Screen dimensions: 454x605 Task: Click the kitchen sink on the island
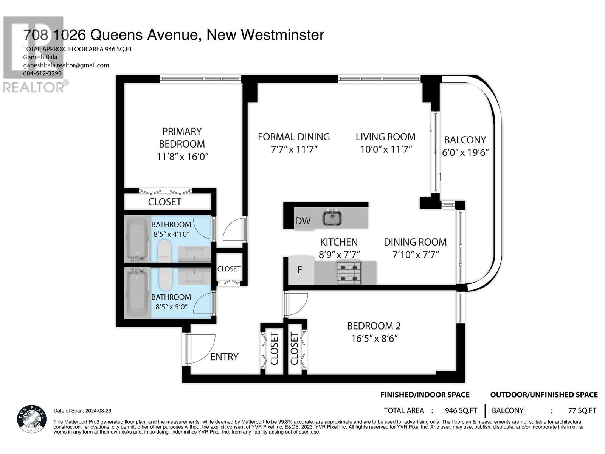(x=332, y=218)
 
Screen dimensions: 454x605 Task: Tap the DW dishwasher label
(x=302, y=221)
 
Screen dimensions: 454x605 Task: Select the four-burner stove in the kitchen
(x=348, y=272)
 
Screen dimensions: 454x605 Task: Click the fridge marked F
(x=300, y=270)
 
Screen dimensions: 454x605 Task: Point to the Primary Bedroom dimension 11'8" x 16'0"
(x=183, y=156)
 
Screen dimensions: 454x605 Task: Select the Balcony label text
(x=465, y=140)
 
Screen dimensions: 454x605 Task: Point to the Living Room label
(x=385, y=137)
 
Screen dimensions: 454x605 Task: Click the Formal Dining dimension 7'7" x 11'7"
(x=294, y=149)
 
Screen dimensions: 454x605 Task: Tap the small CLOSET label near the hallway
(x=229, y=269)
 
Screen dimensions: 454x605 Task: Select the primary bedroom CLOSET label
(x=164, y=202)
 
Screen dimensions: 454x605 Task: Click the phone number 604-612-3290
(x=42, y=73)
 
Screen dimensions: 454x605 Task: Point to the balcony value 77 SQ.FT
(x=582, y=411)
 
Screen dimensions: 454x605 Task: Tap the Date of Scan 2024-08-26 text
(x=82, y=411)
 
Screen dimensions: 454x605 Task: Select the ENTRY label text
(x=224, y=357)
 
